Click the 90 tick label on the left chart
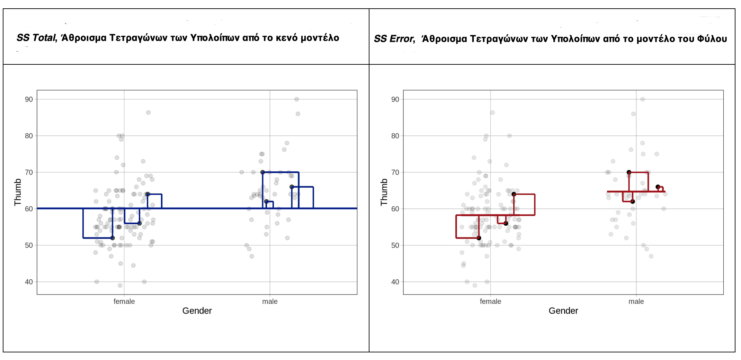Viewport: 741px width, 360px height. tap(29, 99)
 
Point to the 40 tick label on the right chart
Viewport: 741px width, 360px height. tap(395, 282)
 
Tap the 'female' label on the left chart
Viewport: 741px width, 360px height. tap(124, 301)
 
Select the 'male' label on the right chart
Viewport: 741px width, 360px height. tap(636, 301)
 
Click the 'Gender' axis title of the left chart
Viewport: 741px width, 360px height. tap(197, 311)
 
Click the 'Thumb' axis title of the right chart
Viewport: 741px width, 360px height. tap(384, 192)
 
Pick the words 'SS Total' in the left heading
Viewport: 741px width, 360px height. tap(36, 38)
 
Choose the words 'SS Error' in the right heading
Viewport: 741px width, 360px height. tap(394, 39)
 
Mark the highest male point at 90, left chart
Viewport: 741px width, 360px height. tap(296, 99)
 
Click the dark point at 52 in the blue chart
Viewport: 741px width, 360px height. tap(113, 238)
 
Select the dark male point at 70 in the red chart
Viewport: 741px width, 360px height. tap(629, 172)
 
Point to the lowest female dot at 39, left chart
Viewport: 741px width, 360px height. tap(120, 286)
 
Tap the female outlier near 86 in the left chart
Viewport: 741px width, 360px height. tap(148, 112)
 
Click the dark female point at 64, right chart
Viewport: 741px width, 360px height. tap(514, 194)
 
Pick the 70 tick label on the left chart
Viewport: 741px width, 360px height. tap(29, 172)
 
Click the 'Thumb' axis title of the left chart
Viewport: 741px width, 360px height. tap(18, 192)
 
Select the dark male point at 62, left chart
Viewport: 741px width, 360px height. tap(266, 201)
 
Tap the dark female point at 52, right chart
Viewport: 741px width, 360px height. tap(479, 238)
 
